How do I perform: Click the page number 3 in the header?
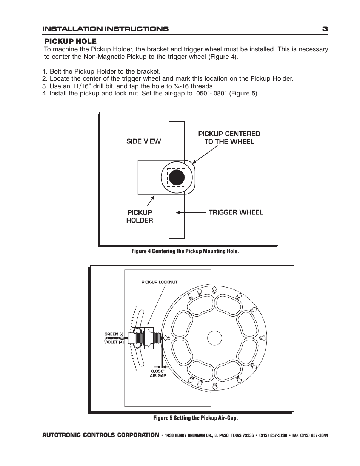pos(325,29)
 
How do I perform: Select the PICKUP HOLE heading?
pos(70,41)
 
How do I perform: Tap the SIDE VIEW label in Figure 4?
pos(143,141)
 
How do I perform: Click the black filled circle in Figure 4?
pos(176,177)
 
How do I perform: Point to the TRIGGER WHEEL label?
pos(236,212)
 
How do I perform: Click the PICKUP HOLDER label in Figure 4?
pos(140,217)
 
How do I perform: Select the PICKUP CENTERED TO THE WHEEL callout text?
pos(229,138)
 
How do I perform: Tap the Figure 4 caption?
pos(185,251)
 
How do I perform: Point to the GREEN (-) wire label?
pos(114,334)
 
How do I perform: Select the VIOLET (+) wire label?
pos(114,342)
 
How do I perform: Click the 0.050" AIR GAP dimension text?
pos(158,373)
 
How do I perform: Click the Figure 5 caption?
pos(195,418)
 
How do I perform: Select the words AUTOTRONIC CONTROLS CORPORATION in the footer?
pos(100,435)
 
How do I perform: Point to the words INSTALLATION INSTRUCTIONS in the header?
pos(105,29)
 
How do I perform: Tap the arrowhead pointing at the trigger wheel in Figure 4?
pos(178,212)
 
